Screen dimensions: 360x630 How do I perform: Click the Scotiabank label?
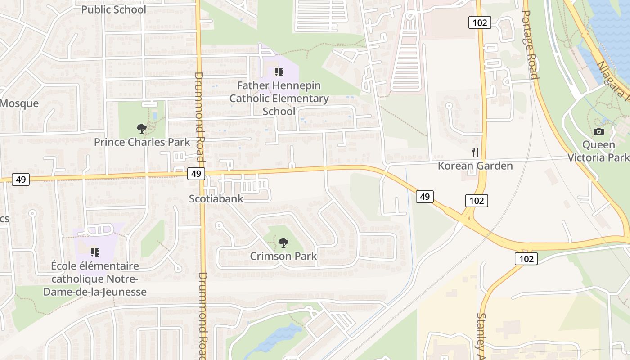216,198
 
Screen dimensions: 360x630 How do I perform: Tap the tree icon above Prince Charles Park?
142,129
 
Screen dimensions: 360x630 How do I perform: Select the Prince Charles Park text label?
142,142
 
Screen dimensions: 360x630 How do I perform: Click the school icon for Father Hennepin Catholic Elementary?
279,72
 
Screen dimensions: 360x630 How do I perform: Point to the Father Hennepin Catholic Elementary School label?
279,98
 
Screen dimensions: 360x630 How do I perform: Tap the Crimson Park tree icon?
283,243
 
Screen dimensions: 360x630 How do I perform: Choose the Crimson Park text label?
283,256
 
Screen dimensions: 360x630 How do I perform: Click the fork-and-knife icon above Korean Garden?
475,153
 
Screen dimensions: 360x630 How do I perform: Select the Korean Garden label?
475,166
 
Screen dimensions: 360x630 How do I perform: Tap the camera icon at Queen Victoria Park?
598,131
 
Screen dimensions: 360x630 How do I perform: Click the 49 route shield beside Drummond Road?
196,174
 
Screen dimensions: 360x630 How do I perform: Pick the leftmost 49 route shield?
20,180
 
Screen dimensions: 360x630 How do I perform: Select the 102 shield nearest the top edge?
479,22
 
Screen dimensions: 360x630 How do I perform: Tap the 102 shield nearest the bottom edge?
526,259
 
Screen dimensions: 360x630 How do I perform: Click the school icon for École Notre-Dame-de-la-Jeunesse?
94,252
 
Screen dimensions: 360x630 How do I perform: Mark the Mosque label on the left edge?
19,103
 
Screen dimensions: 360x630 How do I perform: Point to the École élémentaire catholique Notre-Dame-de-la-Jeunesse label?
94,279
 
